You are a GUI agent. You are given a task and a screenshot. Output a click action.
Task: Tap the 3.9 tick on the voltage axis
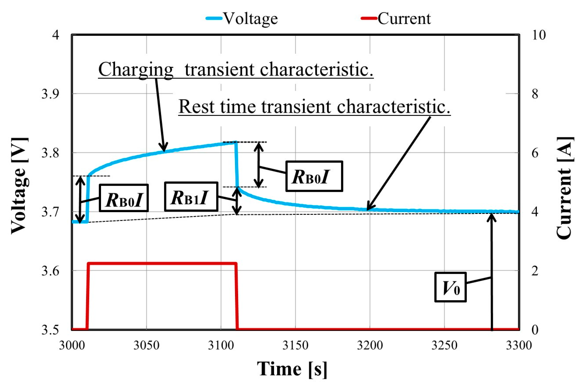click(x=50, y=94)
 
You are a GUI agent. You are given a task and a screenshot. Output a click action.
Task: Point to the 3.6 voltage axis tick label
click(x=50, y=271)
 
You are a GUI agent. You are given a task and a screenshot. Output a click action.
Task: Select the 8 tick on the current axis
click(x=535, y=94)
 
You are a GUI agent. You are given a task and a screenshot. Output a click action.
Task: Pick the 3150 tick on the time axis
click(x=295, y=345)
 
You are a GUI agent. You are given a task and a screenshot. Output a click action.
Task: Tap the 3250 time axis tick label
click(x=444, y=345)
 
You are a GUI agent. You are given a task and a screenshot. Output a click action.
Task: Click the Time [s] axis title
click(x=292, y=369)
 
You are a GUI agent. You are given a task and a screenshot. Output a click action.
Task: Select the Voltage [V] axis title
click(x=20, y=186)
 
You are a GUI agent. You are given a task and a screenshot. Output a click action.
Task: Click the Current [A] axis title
click(x=564, y=188)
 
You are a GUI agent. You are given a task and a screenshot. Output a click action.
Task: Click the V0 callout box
click(x=451, y=287)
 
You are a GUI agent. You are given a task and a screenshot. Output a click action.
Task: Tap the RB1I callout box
click(x=191, y=197)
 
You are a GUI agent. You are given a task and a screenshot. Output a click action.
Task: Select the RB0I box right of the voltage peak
click(x=314, y=176)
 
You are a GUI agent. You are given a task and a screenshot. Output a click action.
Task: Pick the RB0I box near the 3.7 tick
click(x=124, y=198)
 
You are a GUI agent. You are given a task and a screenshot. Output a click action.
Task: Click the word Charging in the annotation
click(x=136, y=69)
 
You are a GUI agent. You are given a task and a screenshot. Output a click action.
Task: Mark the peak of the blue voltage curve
click(x=235, y=142)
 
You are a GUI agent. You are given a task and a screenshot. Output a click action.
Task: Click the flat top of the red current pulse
click(x=162, y=264)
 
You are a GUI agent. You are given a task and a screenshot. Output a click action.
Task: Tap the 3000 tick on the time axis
click(x=72, y=345)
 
